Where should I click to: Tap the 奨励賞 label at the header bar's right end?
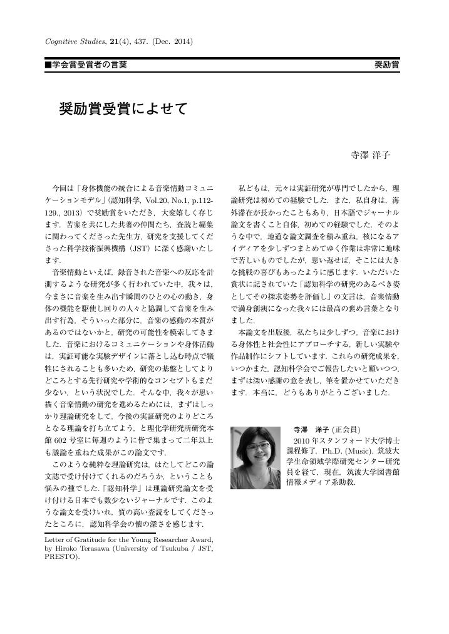pyautogui.click(x=387, y=65)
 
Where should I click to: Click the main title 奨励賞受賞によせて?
pyautogui.click(x=123, y=108)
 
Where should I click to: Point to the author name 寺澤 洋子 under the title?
pyautogui.click(x=370, y=155)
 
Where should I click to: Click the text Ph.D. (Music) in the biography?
pyautogui.click(x=341, y=451)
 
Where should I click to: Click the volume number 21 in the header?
pyautogui.click(x=114, y=41)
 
